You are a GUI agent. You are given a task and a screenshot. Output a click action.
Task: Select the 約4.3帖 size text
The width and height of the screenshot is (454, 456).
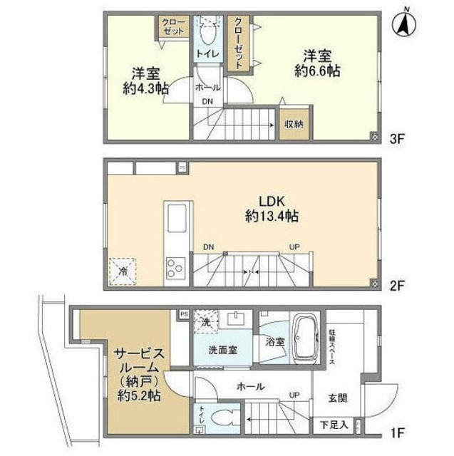coord(145,81)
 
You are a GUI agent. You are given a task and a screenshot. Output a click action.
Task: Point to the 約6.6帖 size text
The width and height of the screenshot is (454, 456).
coord(318,62)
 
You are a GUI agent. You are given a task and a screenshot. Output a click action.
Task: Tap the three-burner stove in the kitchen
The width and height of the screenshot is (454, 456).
coord(176,269)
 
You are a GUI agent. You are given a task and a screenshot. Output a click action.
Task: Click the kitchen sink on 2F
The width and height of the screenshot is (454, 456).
coord(176,217)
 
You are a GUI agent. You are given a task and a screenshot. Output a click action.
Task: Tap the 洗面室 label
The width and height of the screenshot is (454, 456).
coord(222,351)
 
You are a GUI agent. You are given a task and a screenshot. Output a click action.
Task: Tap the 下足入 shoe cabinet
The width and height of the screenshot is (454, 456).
coord(334,426)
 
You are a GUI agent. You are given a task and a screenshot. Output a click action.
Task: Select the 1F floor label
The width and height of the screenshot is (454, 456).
coord(396,432)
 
